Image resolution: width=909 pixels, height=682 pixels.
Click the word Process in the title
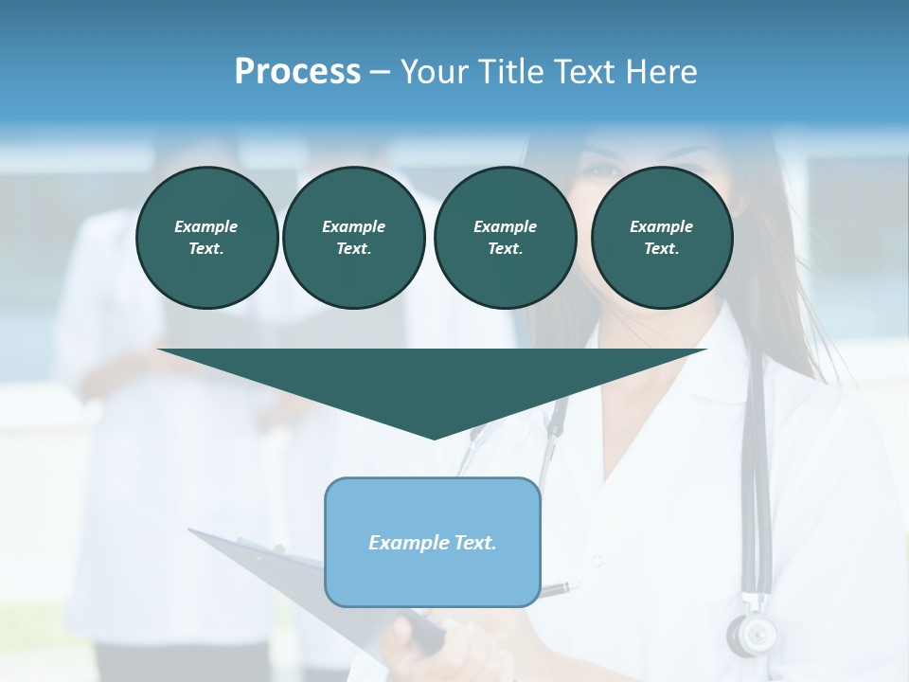tap(297, 72)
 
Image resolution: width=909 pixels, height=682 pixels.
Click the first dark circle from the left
tap(206, 238)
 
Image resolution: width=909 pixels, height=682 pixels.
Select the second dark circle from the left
tap(353, 238)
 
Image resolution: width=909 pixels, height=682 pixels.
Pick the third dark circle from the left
tap(505, 238)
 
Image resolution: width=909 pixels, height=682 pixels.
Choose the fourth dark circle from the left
tap(661, 238)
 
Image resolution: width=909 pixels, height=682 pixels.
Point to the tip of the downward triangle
tap(434, 438)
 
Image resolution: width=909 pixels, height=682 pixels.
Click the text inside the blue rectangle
tap(432, 543)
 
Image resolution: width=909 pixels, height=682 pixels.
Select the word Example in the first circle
tap(206, 226)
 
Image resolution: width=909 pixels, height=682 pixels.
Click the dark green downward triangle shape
tap(433, 379)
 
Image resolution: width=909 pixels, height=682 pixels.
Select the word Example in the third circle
tap(505, 226)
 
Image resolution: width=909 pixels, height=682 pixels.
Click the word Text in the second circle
tap(352, 249)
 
